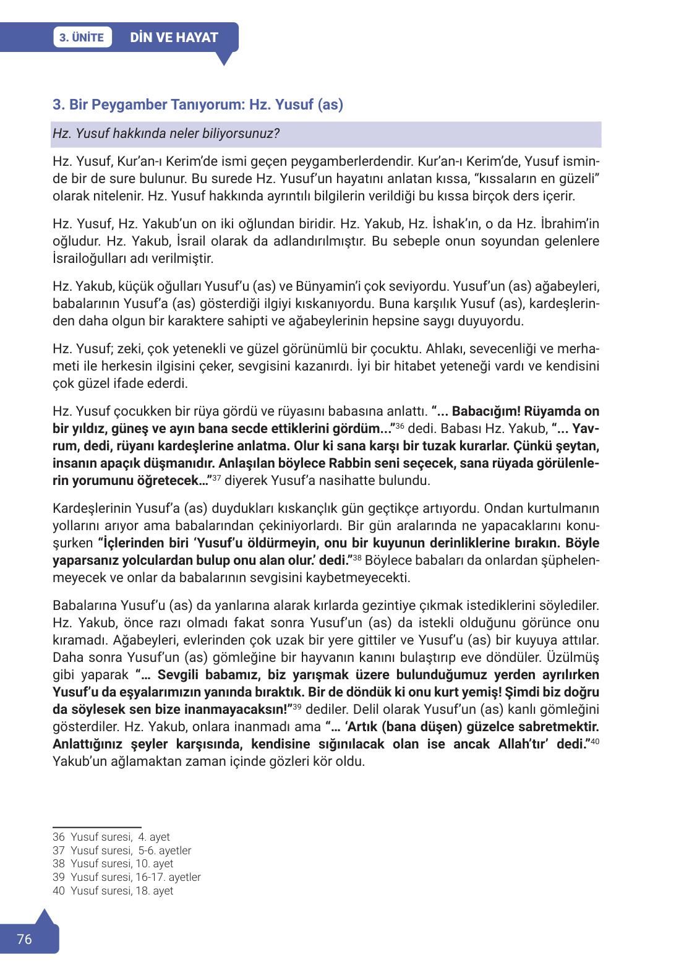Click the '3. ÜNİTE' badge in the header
tap(82, 37)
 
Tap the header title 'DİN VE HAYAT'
tap(174, 37)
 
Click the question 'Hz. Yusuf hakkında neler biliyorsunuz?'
tap(166, 134)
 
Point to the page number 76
tap(24, 939)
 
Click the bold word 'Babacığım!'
tap(485, 411)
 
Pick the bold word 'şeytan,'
tap(577, 446)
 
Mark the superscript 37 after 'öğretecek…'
tap(216, 478)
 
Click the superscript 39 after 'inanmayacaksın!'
tap(297, 706)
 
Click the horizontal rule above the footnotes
tap(96, 827)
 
